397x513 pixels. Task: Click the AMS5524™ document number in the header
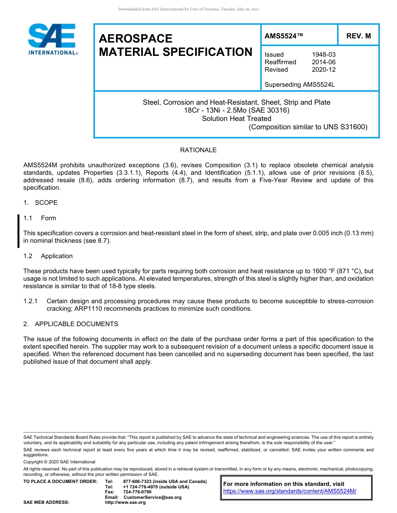(284, 36)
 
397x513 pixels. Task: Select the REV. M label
(358, 36)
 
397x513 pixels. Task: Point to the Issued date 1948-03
(323, 55)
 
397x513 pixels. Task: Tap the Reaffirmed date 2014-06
(323, 62)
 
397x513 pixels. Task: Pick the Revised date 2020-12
(323, 70)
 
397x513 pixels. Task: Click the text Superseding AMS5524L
(300, 85)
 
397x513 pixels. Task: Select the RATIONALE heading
(198, 150)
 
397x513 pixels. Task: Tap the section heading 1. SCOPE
(41, 203)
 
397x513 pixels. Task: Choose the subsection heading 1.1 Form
(40, 218)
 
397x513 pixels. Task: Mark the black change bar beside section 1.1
(18, 231)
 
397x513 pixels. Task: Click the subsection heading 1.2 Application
(48, 256)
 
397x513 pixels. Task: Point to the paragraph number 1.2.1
(31, 301)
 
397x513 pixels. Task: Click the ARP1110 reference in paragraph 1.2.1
(112, 309)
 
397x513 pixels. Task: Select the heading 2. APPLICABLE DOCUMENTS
(71, 324)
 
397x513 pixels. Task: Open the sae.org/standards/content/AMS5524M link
(290, 491)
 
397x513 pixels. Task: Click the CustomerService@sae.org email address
(153, 497)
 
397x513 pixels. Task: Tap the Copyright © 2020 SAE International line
(59, 462)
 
